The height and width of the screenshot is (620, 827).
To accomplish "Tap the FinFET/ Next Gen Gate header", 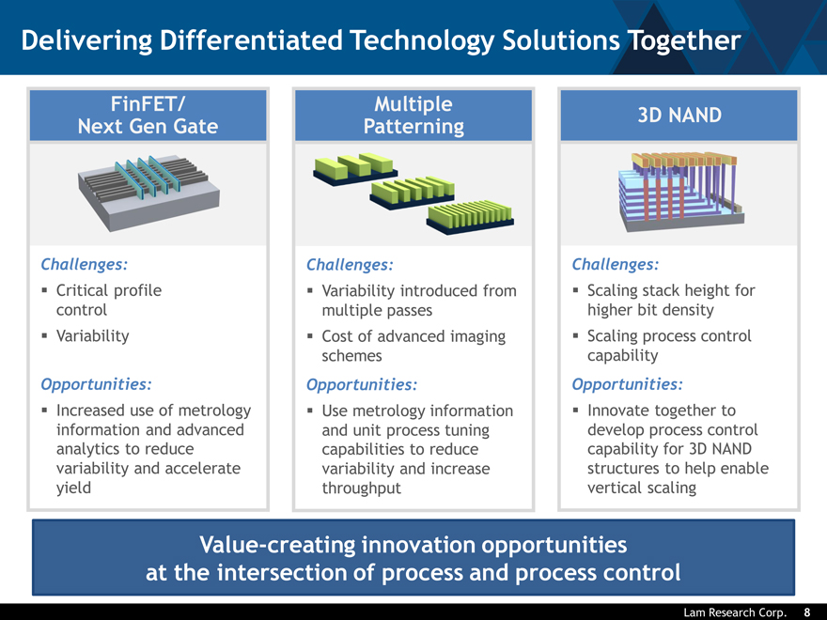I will (x=148, y=114).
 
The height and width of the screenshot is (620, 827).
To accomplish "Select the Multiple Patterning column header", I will (x=413, y=115).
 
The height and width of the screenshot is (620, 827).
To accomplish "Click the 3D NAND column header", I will (x=679, y=115).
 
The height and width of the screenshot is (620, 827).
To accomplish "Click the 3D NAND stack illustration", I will (x=679, y=188).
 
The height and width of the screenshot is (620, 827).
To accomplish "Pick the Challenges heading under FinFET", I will (x=85, y=264).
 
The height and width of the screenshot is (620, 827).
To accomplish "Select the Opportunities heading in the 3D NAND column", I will (x=627, y=383).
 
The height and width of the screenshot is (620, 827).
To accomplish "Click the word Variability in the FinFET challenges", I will (x=93, y=335).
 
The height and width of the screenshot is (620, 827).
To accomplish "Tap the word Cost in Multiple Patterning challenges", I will (x=338, y=336).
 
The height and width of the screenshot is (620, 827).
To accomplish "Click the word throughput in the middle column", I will (x=361, y=488).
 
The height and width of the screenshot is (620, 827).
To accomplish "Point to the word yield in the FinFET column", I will (x=74, y=488).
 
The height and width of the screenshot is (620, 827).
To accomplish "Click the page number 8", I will (x=806, y=612).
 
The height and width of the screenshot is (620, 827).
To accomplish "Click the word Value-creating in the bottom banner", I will (x=275, y=545).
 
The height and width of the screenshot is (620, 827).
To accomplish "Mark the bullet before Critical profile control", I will (x=44, y=291).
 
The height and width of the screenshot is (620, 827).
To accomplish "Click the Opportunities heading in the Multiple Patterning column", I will (x=362, y=384).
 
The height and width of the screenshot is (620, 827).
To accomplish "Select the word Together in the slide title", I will (x=686, y=40).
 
